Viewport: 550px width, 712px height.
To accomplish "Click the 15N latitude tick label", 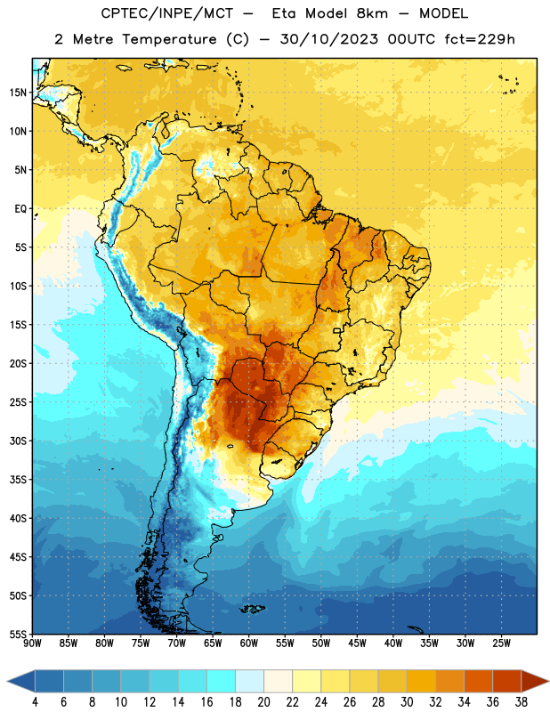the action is tap(18, 93).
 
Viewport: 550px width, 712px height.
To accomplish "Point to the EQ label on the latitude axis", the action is tap(20, 209).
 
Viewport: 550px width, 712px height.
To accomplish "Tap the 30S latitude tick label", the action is tap(18, 441).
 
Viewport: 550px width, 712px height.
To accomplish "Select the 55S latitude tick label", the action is tap(18, 634).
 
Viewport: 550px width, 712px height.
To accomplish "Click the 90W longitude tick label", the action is tap(32, 643).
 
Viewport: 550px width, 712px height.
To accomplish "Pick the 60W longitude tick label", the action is tap(249, 643).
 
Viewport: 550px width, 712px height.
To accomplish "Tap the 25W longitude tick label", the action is tap(501, 643).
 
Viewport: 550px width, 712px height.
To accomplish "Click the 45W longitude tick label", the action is tap(357, 643).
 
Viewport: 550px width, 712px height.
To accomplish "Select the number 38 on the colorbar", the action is tap(522, 702).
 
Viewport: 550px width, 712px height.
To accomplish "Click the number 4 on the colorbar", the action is tap(35, 702).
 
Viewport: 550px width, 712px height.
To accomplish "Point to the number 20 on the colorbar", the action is tap(263, 702).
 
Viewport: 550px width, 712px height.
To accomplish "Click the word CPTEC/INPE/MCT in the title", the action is tap(166, 13).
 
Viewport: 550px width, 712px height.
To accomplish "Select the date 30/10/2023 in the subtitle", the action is tap(328, 39).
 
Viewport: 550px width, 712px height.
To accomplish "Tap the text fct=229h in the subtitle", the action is tap(480, 39).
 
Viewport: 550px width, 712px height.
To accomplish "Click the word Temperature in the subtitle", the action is tap(169, 39).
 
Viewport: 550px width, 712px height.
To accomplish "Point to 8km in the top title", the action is tap(372, 13).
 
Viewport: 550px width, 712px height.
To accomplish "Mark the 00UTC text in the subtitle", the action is tap(411, 39).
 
